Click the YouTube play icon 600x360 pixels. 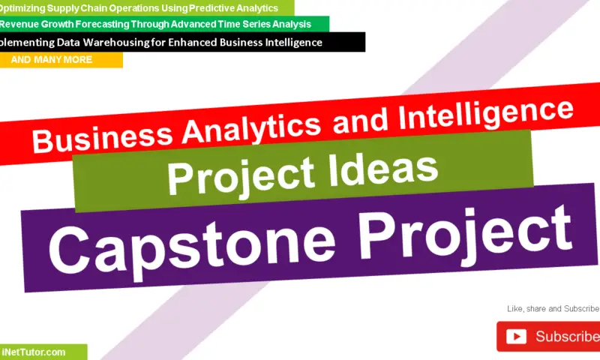tap(517, 337)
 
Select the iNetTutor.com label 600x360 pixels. tap(34, 352)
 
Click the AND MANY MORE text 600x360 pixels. tap(52, 60)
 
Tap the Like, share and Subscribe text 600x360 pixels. tap(553, 309)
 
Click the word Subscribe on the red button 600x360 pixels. tap(567, 337)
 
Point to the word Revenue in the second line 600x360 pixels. tap(23, 25)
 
